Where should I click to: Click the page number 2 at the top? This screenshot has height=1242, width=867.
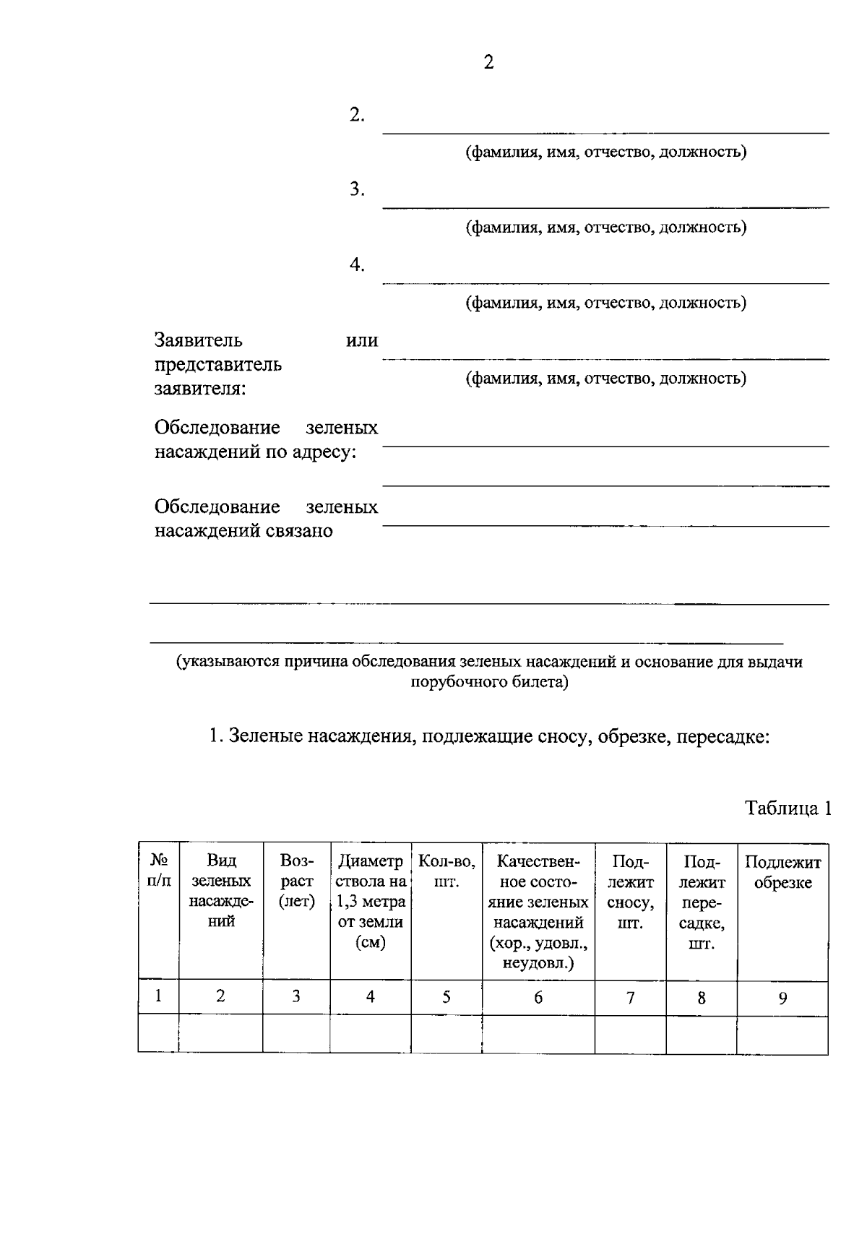488,63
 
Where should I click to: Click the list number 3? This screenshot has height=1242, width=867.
357,189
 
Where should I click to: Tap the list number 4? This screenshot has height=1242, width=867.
357,265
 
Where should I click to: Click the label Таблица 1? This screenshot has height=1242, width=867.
788,808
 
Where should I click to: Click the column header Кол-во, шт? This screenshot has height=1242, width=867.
447,871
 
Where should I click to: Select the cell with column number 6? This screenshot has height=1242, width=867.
538,998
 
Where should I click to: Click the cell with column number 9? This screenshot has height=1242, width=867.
782,998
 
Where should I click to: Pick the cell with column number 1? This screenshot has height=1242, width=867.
158,996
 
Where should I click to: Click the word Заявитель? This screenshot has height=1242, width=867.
199,340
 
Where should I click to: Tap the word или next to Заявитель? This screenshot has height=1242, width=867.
362,340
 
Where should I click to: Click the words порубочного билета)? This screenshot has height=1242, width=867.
489,681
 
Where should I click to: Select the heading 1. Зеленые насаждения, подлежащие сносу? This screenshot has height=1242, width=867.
488,736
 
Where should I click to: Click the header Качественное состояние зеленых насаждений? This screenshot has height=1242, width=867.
538,912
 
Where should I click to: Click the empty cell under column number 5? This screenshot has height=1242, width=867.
447,1033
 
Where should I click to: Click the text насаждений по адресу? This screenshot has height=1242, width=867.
256,452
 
